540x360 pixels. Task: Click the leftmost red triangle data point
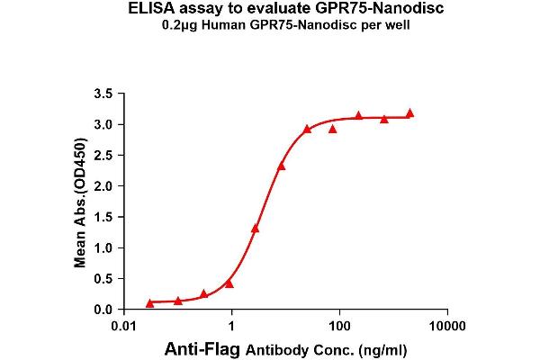(149, 303)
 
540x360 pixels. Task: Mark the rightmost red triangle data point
(409, 113)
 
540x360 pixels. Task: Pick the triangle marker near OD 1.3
(256, 229)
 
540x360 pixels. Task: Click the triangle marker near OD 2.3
(282, 166)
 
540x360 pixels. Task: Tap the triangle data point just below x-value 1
(229, 283)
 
